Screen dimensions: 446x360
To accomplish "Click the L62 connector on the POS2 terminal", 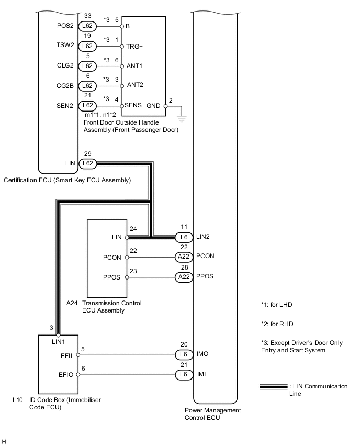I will coord(87,26).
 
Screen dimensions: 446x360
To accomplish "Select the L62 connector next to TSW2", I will coord(87,46).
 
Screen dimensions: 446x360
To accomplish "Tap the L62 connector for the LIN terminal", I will coord(87,163).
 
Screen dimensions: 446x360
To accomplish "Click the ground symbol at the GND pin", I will coord(181,117).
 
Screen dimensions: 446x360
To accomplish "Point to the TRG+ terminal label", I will coord(134,46).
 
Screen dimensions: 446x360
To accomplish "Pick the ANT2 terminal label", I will coord(134,85).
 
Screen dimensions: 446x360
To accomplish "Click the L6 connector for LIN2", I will coord(184,237).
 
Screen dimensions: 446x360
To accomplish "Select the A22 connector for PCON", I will coord(184,257).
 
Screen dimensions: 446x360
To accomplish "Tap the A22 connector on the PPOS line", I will coord(184,277).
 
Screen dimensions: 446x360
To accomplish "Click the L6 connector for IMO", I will coord(184,355).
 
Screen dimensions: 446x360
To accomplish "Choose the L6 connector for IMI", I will coord(184,375).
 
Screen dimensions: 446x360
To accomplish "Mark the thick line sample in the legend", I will coord(273,387).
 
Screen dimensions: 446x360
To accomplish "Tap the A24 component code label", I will coord(72,303).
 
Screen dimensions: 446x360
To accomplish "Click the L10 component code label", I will coord(17,399).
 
